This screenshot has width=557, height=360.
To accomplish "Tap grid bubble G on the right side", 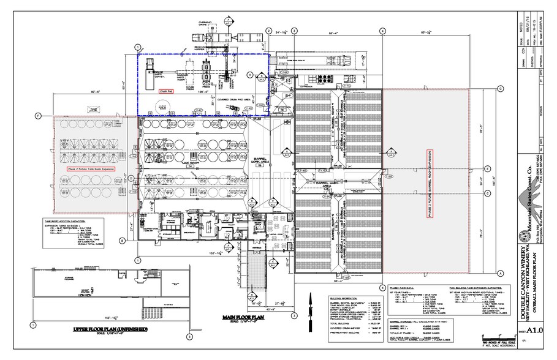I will tap(500, 89).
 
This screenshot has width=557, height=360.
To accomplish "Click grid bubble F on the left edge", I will tap(37, 116).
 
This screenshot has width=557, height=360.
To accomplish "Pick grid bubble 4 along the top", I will tap(382, 31).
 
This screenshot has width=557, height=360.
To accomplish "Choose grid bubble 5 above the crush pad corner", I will tap(138, 47).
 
